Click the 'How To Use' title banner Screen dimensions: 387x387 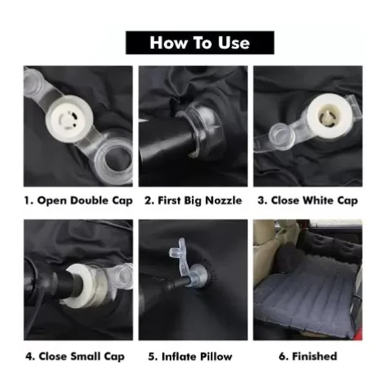200,42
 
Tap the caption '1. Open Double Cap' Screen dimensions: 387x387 78,200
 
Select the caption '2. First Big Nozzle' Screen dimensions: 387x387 193,200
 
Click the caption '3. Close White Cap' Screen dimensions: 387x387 308,200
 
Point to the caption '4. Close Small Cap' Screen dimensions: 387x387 75,357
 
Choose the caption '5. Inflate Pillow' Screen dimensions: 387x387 190,357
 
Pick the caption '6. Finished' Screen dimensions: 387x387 308,356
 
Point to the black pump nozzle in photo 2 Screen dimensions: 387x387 165,141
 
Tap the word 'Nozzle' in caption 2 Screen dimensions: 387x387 224,200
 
